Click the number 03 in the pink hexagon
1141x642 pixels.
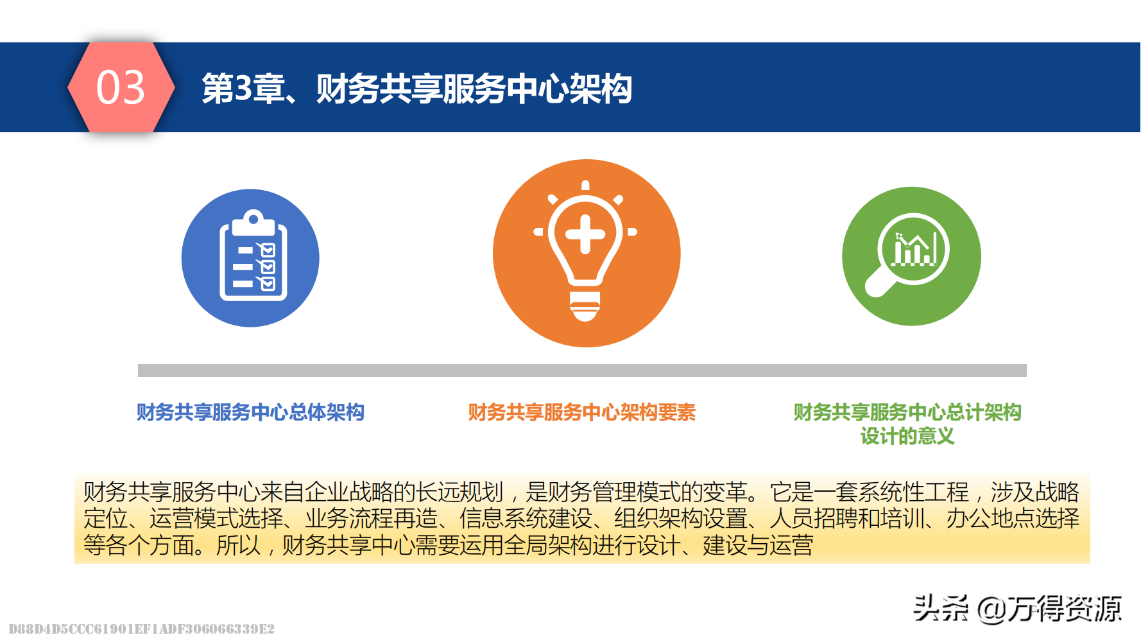[121, 87]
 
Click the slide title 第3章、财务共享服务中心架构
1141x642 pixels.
[417, 89]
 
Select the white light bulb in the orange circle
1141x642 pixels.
[585, 251]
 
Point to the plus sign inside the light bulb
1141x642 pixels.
[585, 234]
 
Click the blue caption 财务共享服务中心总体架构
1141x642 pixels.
[250, 412]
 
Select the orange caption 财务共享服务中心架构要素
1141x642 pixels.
[582, 412]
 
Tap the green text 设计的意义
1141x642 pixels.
[907, 437]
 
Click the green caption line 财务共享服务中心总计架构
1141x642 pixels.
[907, 412]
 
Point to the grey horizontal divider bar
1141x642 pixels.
[582, 370]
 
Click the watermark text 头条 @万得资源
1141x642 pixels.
[1017, 609]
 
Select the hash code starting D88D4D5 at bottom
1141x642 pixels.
[142, 629]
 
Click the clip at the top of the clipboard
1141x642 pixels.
[253, 222]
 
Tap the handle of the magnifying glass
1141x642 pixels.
[878, 283]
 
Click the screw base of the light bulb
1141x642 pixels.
[585, 306]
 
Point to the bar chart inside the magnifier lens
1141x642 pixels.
[916, 248]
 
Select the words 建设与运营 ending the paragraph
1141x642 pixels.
[758, 546]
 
